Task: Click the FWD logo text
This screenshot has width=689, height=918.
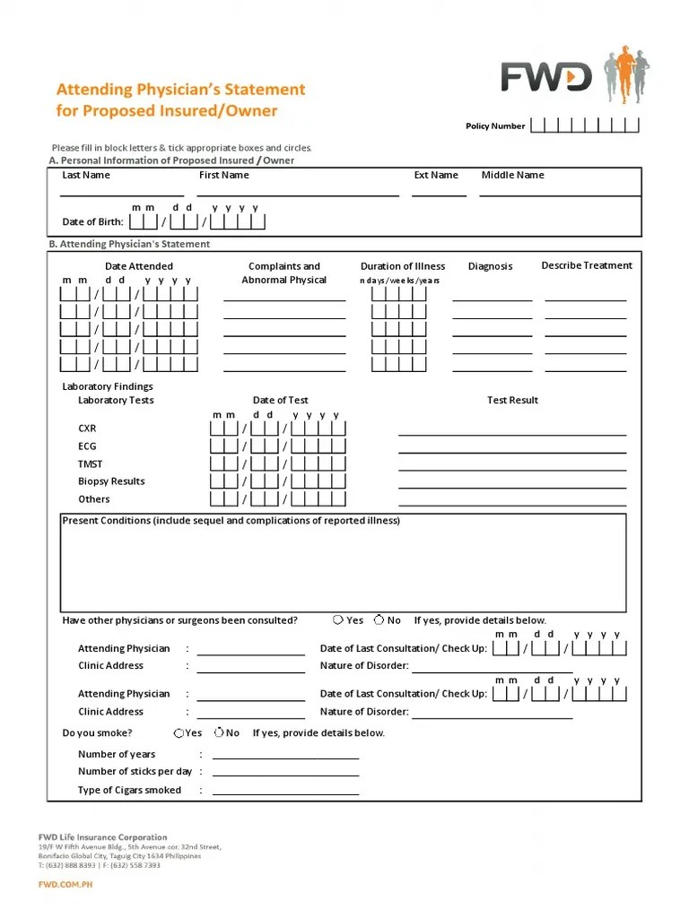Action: (546, 77)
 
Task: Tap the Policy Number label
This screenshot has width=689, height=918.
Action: (495, 126)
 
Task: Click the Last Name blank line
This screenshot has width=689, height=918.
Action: (122, 194)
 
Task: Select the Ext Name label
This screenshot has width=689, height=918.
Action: (436, 176)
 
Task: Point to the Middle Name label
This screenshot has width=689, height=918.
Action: (512, 176)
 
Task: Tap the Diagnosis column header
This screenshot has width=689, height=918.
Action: (491, 266)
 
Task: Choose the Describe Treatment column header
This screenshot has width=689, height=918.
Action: (587, 266)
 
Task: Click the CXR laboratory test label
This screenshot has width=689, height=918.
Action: (87, 429)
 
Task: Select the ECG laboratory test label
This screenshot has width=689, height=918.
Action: (87, 446)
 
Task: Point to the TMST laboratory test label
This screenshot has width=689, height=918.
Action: (91, 464)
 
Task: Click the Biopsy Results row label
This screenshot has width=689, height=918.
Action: (111, 481)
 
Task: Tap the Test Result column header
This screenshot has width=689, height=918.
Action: (512, 401)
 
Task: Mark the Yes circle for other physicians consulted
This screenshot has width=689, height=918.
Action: (337, 619)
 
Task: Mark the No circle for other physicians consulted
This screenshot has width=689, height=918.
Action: (379, 619)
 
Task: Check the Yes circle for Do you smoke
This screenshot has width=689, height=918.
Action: (179, 732)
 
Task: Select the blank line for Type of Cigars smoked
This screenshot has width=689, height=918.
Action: (285, 793)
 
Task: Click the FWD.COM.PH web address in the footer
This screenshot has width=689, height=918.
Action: (65, 885)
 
